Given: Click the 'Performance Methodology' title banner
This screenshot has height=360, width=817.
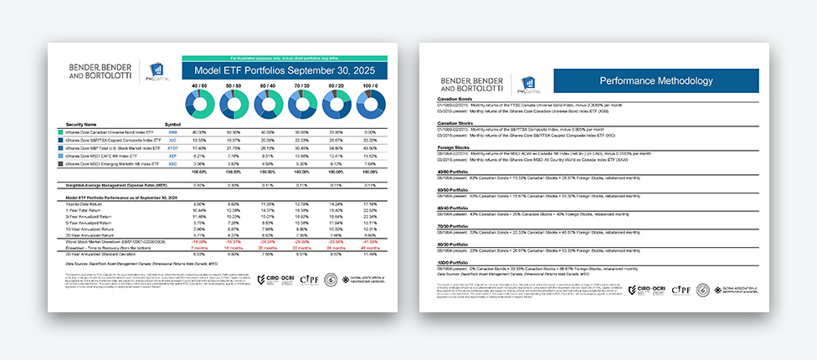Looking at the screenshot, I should point(655,80).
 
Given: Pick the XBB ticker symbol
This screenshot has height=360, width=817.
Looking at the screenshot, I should point(172,132).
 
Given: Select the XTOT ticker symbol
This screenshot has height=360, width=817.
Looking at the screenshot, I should point(173,148).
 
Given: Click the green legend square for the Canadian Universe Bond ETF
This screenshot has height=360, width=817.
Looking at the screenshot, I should point(62,132).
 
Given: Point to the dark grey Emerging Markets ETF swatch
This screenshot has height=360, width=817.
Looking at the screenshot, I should point(62,164).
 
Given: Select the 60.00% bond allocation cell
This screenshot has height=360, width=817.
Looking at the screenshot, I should point(199,132).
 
